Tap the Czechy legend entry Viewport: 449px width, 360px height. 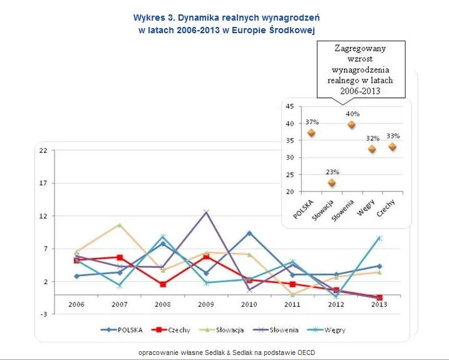(177, 329)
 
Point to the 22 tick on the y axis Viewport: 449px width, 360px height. (43, 150)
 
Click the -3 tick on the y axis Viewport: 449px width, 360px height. (43, 314)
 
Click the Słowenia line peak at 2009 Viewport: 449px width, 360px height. (206, 212)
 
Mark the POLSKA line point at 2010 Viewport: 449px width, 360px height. (249, 233)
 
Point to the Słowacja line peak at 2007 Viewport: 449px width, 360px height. (120, 225)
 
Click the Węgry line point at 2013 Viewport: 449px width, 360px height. (379, 239)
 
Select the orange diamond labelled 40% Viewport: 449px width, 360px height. (351, 125)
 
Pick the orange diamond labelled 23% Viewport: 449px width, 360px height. (332, 183)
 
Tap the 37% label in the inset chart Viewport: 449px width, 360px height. (312, 121)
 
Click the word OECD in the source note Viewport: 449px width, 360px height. (307, 352)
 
